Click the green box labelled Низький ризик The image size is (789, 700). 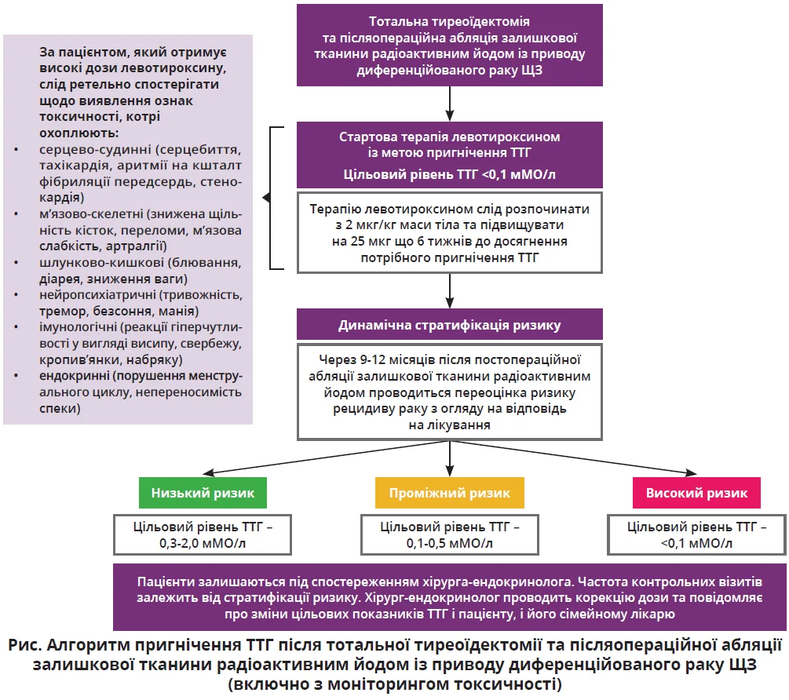203,493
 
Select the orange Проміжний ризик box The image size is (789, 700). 448,493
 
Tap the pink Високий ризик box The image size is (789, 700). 696,493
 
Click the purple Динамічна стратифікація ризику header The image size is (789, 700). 449,324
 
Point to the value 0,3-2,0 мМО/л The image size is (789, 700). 203,542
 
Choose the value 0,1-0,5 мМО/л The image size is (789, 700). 448,542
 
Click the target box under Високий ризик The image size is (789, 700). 696,534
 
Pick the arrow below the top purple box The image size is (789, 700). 449,101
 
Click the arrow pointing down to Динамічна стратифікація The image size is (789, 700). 449,291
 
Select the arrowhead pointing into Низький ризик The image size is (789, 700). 205,472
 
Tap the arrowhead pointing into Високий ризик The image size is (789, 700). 692,472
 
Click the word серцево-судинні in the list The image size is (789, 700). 84,149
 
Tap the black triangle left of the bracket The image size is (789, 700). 265,198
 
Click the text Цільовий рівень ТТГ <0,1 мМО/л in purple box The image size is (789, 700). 449,174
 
